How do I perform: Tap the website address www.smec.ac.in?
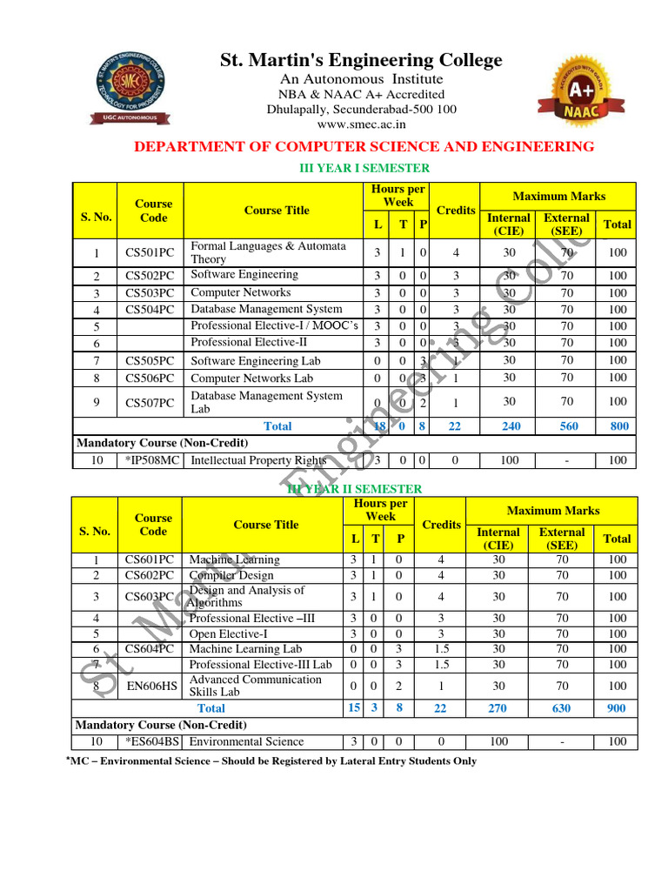click(x=361, y=124)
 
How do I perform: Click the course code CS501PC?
click(x=150, y=253)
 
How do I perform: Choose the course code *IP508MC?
click(x=153, y=460)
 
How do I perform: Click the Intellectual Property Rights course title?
click(x=258, y=460)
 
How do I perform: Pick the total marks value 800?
click(x=617, y=426)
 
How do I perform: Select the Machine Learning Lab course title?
click(x=245, y=649)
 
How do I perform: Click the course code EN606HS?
click(x=151, y=687)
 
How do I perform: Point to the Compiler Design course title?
click(x=231, y=575)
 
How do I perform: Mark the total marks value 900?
click(x=616, y=708)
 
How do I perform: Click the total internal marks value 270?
click(x=497, y=708)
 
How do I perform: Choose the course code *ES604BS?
click(x=152, y=741)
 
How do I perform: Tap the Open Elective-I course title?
click(x=229, y=633)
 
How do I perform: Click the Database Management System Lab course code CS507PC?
click(x=150, y=402)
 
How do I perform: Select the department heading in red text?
click(x=364, y=146)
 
